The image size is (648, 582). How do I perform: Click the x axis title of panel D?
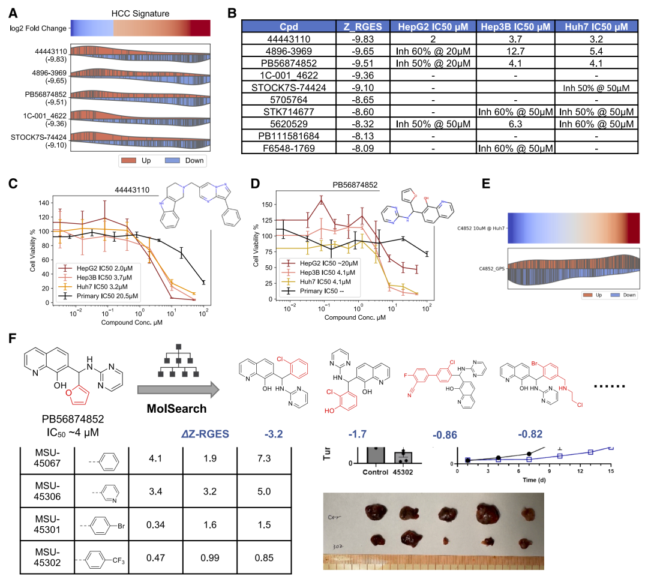[x=340, y=316]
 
